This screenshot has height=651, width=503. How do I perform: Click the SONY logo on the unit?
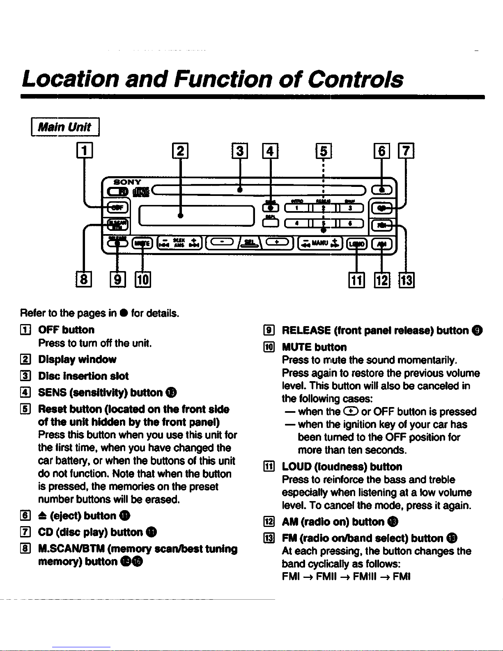(127, 182)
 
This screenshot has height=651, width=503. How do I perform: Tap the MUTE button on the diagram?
(142, 244)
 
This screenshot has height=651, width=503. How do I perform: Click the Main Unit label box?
(65, 127)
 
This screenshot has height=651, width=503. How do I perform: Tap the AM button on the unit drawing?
(382, 244)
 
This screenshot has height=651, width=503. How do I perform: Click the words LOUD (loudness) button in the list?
(342, 467)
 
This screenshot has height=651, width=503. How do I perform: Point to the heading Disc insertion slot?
(83, 376)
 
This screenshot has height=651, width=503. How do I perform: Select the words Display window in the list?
(77, 359)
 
